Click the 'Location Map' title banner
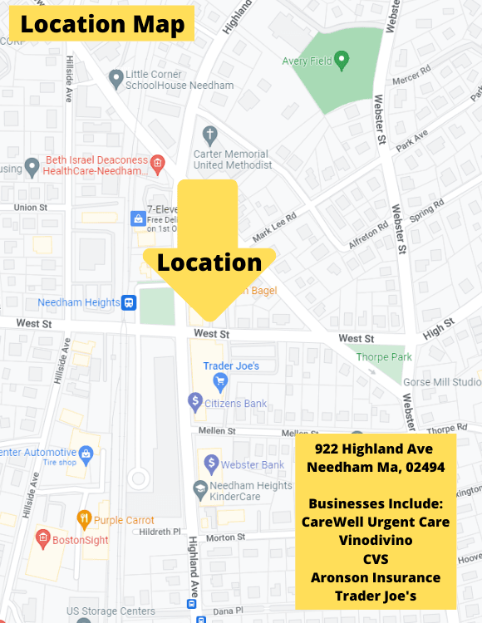tap(102, 24)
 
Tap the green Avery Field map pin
tap(340, 60)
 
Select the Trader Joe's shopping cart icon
tap(220, 382)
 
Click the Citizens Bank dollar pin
tap(195, 403)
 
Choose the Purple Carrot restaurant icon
tap(83, 520)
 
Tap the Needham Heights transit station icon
tap(129, 302)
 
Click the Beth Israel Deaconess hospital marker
tap(157, 162)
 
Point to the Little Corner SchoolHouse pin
tap(116, 78)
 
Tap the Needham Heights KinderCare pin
tap(200, 488)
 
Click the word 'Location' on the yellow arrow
tap(209, 262)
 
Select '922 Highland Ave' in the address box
tap(374, 449)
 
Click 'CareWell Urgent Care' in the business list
tap(375, 522)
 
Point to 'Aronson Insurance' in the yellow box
tap(375, 577)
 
